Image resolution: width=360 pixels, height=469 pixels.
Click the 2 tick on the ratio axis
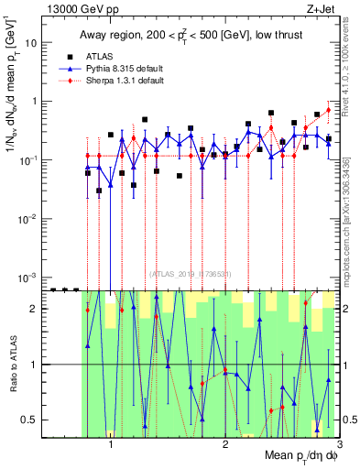coord(38,309)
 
